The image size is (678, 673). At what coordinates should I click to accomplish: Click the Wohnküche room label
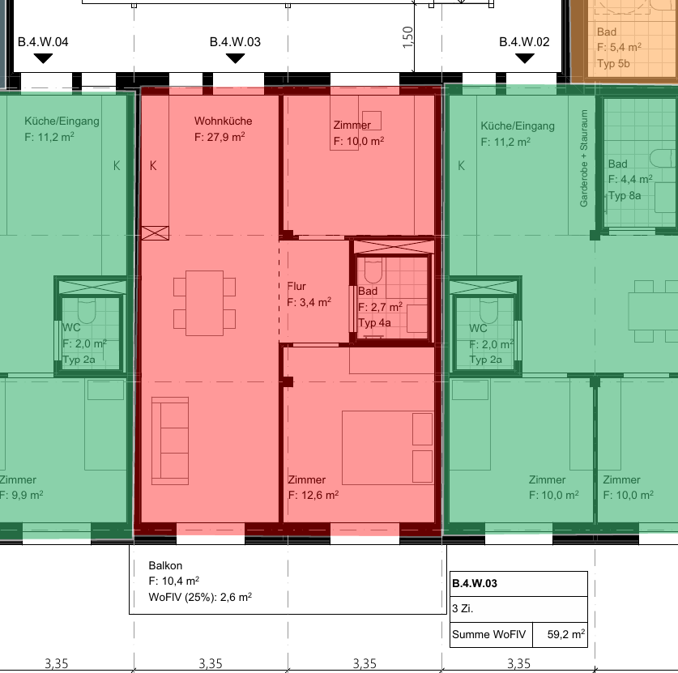pyautogui.click(x=223, y=121)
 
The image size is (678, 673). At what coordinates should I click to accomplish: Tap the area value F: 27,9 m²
pyautogui.click(x=220, y=137)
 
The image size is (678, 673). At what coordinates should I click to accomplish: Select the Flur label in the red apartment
pyautogui.click(x=296, y=286)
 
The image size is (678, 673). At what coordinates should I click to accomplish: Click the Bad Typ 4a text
pyautogui.click(x=374, y=323)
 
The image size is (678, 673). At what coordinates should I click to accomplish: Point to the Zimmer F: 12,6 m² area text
pyautogui.click(x=313, y=495)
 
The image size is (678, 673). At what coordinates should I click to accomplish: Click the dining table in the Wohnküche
pyautogui.click(x=204, y=303)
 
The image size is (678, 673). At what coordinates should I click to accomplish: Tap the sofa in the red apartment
pyautogui.click(x=170, y=441)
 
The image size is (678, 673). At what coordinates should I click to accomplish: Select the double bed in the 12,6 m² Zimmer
pyautogui.click(x=388, y=447)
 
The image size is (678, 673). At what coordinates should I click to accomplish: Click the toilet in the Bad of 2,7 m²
pyautogui.click(x=373, y=270)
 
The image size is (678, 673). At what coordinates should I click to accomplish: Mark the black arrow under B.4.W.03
pyautogui.click(x=235, y=58)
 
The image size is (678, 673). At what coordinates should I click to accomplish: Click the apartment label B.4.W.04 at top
pyautogui.click(x=43, y=42)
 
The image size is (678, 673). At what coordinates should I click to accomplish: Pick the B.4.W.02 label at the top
pyautogui.click(x=525, y=42)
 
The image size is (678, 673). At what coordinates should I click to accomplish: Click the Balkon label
pyautogui.click(x=165, y=565)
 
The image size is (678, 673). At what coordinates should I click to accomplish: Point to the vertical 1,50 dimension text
pyautogui.click(x=407, y=37)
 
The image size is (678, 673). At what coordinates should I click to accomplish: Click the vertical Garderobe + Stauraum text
pyautogui.click(x=584, y=158)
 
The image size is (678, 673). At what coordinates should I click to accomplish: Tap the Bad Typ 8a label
pyautogui.click(x=625, y=196)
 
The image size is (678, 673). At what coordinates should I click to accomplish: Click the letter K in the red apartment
pyautogui.click(x=153, y=165)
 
